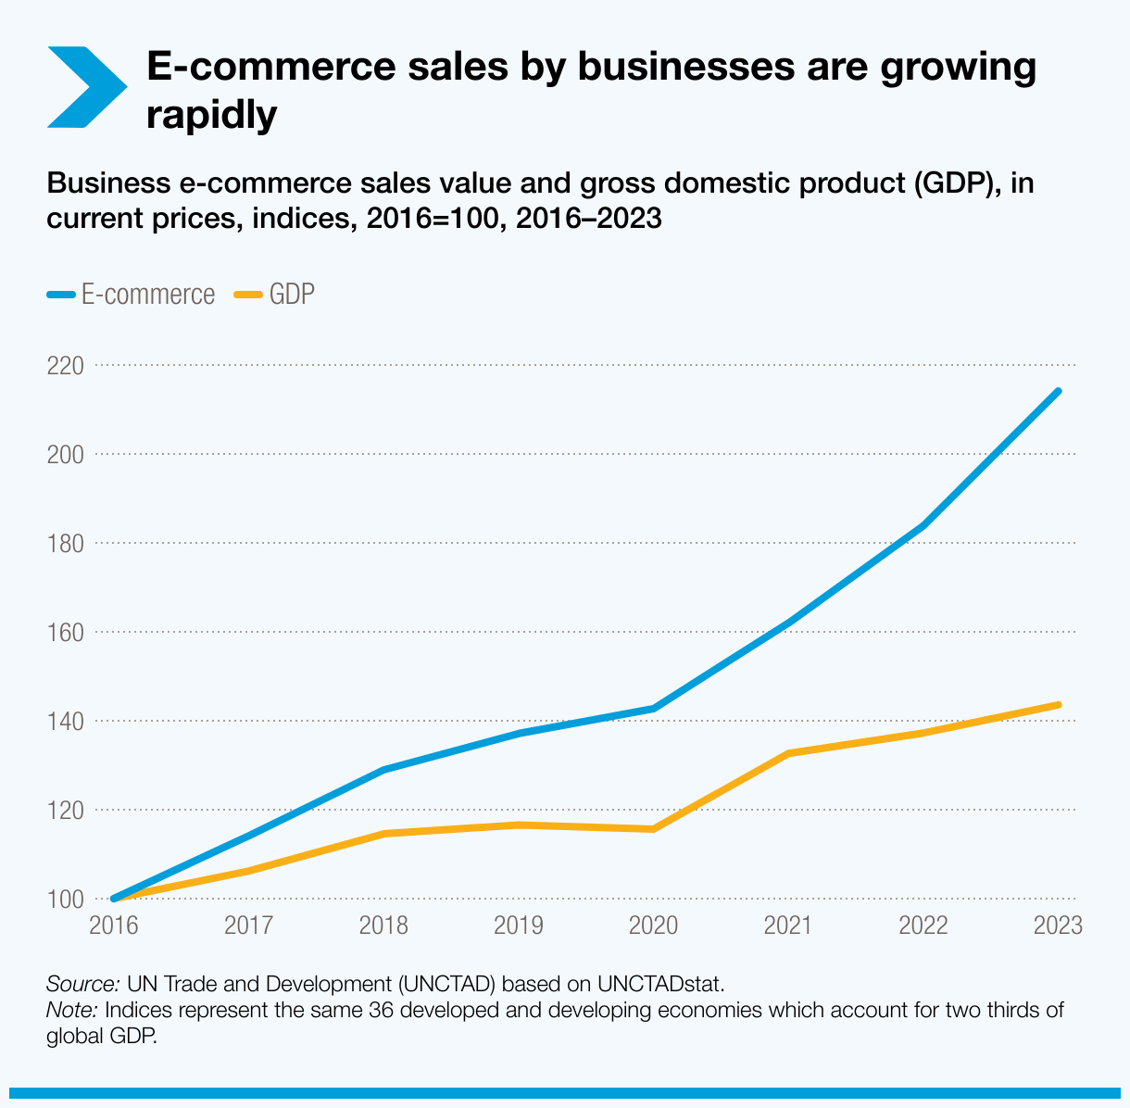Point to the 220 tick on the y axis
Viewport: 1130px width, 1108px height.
[x=65, y=366]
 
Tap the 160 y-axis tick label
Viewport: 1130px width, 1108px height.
[x=65, y=633]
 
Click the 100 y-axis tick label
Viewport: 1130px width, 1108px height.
[x=65, y=899]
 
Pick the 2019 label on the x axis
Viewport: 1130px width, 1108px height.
[x=519, y=925]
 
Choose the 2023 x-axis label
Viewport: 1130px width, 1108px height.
[x=1058, y=925]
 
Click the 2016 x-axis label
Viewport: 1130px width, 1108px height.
[x=113, y=925]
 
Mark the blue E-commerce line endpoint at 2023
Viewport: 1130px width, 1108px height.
[x=1059, y=391]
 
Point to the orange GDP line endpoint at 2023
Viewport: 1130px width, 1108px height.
[x=1059, y=705]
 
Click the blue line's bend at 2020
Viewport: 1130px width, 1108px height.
[x=654, y=709]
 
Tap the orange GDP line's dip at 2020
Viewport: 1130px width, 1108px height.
[x=654, y=828]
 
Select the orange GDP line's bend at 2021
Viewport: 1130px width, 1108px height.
[x=788, y=753]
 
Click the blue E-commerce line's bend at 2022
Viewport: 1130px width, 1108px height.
[x=923, y=526]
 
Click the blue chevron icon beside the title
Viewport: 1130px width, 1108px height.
[x=86, y=87]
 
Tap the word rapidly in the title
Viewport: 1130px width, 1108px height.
[x=212, y=115]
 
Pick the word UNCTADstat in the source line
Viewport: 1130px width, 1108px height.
[x=659, y=983]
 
